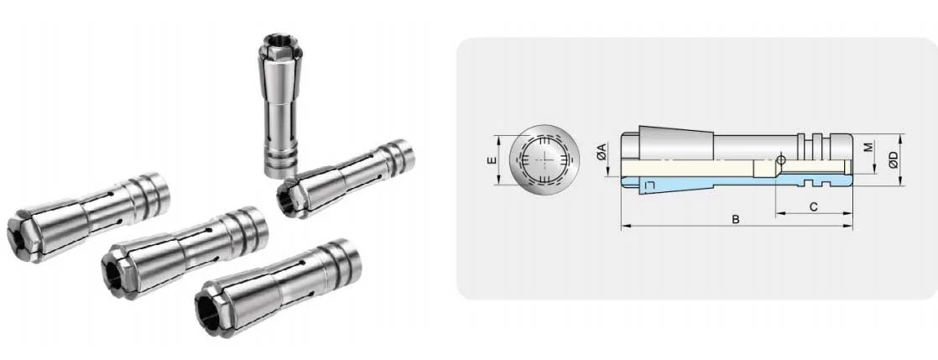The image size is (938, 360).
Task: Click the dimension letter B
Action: click(735, 220)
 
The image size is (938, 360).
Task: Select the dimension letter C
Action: click(812, 205)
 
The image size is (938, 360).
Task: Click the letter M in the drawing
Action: click(868, 147)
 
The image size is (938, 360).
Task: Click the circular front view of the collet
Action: click(545, 159)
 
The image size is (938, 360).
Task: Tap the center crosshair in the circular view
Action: click(545, 159)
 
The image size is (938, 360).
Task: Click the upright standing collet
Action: click(278, 109)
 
